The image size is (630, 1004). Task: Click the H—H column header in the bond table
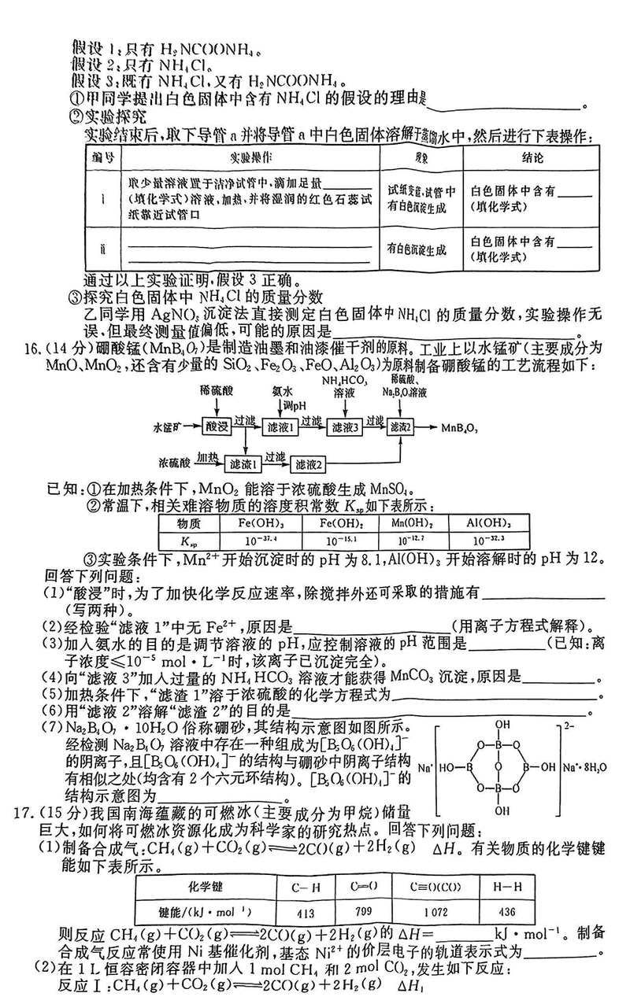point(506,886)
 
